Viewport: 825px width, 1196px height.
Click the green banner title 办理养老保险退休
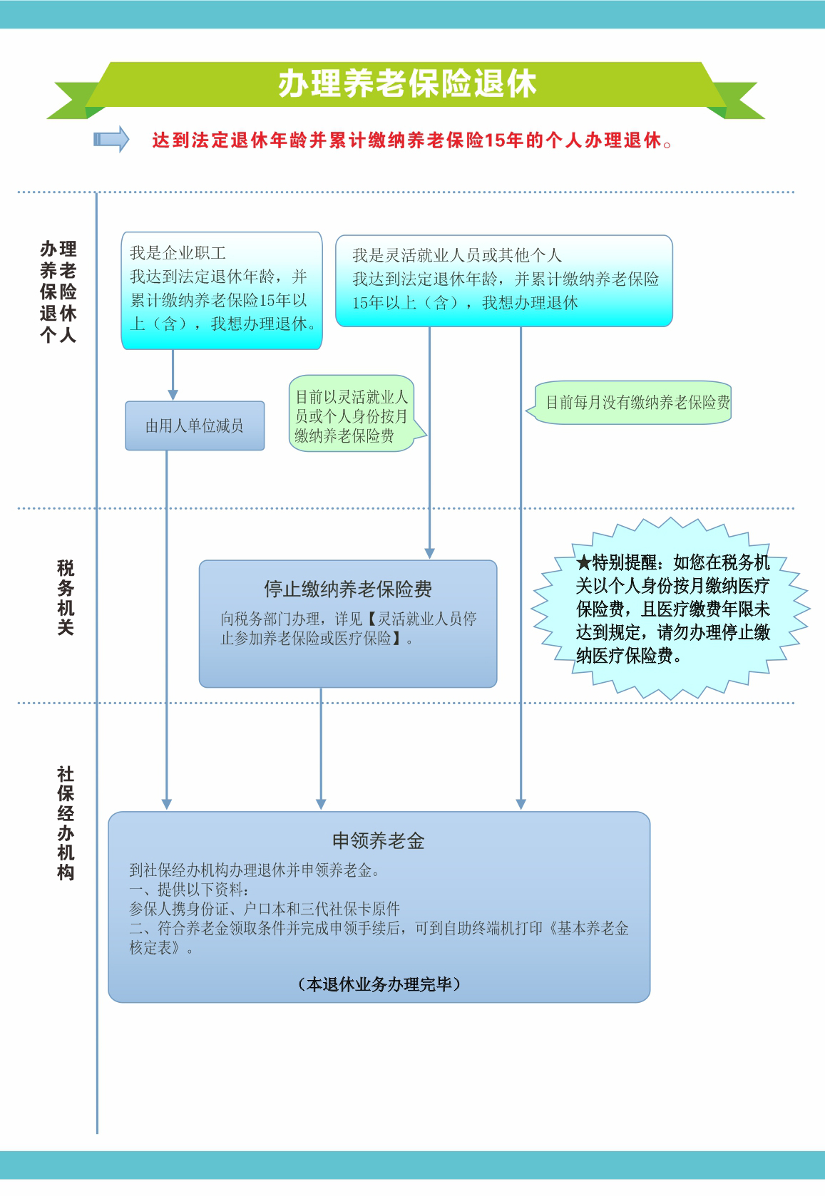407,84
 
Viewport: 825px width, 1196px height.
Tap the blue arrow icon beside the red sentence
111,140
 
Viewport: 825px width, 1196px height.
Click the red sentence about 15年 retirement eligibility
411,140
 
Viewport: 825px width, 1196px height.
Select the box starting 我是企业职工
222,291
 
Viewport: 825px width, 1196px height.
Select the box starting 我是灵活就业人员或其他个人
503,281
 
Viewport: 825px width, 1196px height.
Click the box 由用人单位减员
195,426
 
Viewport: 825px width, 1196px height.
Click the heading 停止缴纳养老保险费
348,589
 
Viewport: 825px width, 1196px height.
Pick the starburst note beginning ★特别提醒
670,608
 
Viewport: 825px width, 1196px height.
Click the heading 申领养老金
378,840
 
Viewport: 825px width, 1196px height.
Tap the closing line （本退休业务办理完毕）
379,984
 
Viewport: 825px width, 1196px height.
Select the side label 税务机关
65,597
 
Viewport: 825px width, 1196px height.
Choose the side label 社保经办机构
65,823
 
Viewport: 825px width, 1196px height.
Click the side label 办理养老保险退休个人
58,292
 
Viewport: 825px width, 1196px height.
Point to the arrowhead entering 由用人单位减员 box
173,395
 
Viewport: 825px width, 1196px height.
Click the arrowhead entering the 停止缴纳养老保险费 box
429,553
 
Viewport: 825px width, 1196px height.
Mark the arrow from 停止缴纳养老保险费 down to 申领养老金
321,748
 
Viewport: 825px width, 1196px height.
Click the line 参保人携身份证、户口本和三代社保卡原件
265,908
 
